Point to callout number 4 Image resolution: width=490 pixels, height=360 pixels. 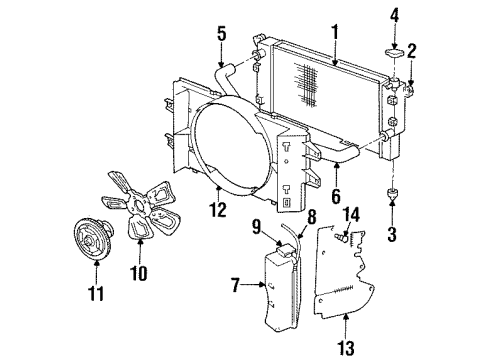click(x=395, y=15)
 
